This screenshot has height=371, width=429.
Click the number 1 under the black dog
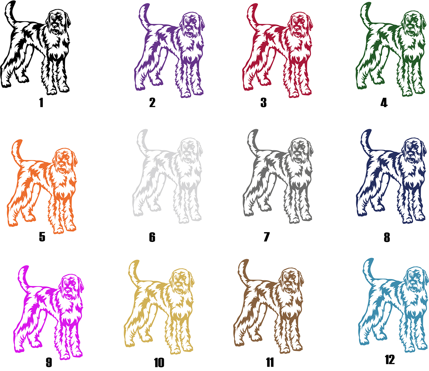tap(41, 103)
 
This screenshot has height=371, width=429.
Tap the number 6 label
tap(152, 237)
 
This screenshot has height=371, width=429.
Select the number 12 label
tap(390, 360)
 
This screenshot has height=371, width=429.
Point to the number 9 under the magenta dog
tap(49, 362)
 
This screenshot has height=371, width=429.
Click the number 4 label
tap(384, 103)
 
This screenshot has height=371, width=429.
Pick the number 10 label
tap(159, 362)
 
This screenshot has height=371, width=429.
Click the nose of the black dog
tap(55, 25)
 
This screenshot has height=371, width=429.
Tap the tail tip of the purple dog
tap(147, 5)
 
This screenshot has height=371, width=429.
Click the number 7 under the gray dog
tap(267, 237)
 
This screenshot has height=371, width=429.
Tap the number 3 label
tap(264, 103)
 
